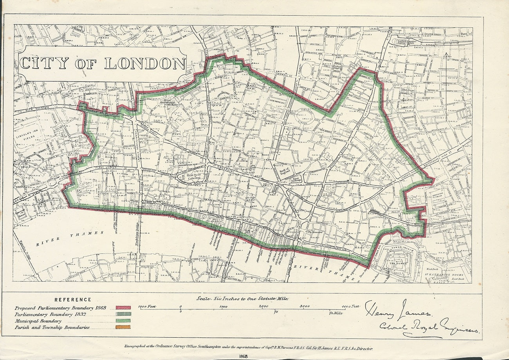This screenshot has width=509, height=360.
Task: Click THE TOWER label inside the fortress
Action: coord(399,264)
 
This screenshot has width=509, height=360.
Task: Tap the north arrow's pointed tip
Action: coord(446,54)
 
